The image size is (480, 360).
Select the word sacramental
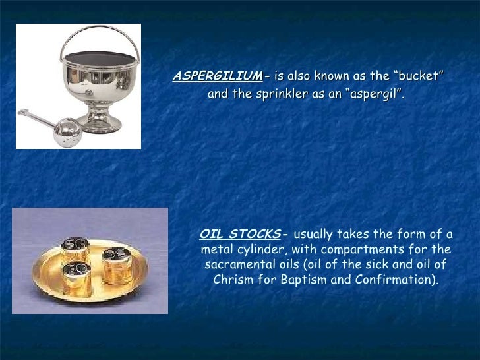click(x=239, y=265)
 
